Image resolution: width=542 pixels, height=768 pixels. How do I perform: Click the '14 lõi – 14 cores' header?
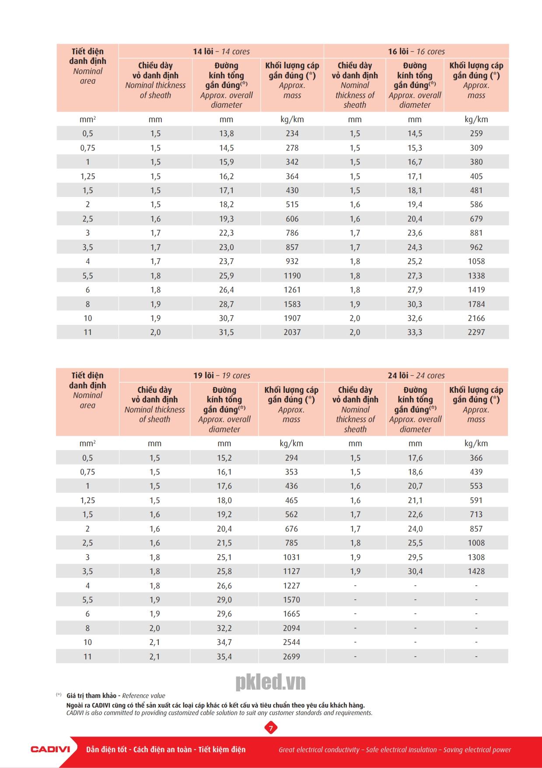[x=221, y=51]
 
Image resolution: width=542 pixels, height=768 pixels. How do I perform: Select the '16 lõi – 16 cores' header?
[x=416, y=51]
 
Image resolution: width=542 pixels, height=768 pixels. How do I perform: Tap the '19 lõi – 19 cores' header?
[x=222, y=375]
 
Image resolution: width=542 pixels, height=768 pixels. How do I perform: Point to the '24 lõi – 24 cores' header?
[x=416, y=375]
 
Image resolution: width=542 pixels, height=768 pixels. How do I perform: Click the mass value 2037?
[x=292, y=332]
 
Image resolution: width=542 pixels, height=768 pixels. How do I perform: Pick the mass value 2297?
[x=476, y=332]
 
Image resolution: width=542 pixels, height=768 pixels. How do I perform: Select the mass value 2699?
[x=291, y=656]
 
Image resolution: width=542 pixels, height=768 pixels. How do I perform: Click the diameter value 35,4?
[x=224, y=656]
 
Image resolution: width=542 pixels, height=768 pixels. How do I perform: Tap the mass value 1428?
[x=476, y=571]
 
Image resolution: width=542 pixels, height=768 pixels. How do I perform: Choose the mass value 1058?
[x=476, y=261]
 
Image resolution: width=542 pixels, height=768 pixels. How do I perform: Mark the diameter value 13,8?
[x=226, y=134]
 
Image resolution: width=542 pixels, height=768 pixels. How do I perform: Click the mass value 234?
[x=292, y=134]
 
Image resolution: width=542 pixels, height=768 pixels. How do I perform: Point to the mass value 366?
[x=476, y=458]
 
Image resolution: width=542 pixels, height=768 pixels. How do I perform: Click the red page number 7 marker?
[x=271, y=728]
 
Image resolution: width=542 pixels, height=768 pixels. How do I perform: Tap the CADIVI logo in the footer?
[x=50, y=749]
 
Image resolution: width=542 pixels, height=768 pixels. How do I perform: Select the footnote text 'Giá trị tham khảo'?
[x=91, y=695]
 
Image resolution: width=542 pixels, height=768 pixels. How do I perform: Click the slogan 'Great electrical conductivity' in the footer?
[x=319, y=750]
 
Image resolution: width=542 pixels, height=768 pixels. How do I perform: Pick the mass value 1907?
[x=292, y=318]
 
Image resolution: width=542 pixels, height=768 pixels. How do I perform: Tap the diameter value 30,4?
[x=415, y=571]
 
